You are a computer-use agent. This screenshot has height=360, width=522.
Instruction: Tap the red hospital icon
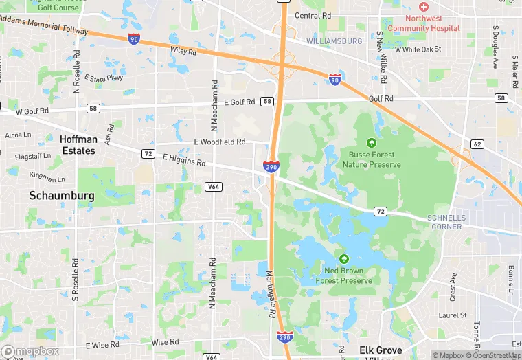(x=423, y=7)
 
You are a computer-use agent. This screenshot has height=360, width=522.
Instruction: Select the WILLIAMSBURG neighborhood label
(x=334, y=41)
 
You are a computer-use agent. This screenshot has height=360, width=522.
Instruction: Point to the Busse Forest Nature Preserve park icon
(x=372, y=143)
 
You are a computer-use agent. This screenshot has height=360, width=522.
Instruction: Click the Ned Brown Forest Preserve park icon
(x=344, y=259)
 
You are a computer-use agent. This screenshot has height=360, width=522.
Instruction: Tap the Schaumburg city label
(x=61, y=196)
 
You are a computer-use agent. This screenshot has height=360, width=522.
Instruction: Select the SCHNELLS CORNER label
(x=447, y=222)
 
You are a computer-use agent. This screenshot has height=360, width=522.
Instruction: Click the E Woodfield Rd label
(x=219, y=142)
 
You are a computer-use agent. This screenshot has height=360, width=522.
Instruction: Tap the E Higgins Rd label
(x=184, y=160)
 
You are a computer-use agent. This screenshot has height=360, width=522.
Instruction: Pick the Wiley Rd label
(x=183, y=50)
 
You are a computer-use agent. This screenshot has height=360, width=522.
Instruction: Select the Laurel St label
(x=453, y=315)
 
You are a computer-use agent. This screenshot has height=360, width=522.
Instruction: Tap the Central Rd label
(x=313, y=15)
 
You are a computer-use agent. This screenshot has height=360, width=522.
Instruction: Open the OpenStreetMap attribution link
(x=493, y=355)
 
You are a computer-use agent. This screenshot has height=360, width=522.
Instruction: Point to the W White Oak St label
(x=418, y=49)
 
